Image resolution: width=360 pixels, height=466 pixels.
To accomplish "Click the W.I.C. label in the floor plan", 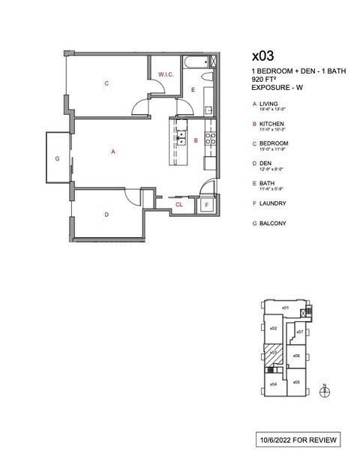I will click(166, 74).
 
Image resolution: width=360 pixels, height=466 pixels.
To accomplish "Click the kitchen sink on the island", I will click(181, 137).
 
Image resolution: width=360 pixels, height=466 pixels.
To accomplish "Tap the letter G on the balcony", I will click(56, 159).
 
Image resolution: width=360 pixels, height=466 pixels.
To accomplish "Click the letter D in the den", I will click(106, 215).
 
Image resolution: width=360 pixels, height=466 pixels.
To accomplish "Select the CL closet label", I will click(179, 203).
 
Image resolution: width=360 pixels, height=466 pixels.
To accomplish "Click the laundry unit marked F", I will click(207, 204).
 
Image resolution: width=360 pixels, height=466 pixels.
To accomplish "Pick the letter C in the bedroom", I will click(106, 83).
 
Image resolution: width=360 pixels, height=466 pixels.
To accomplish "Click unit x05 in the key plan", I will click(296, 382).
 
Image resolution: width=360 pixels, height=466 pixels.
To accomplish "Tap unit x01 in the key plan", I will click(285, 308).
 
